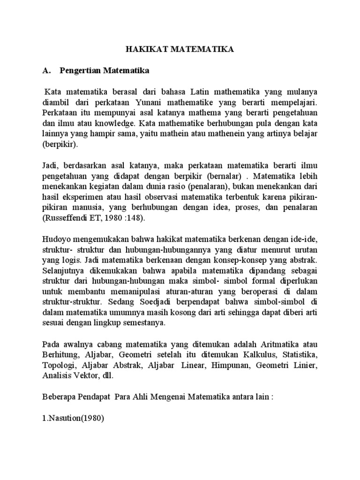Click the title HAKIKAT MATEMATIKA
point(180,48)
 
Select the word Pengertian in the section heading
point(80,71)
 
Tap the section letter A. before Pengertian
point(46,71)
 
